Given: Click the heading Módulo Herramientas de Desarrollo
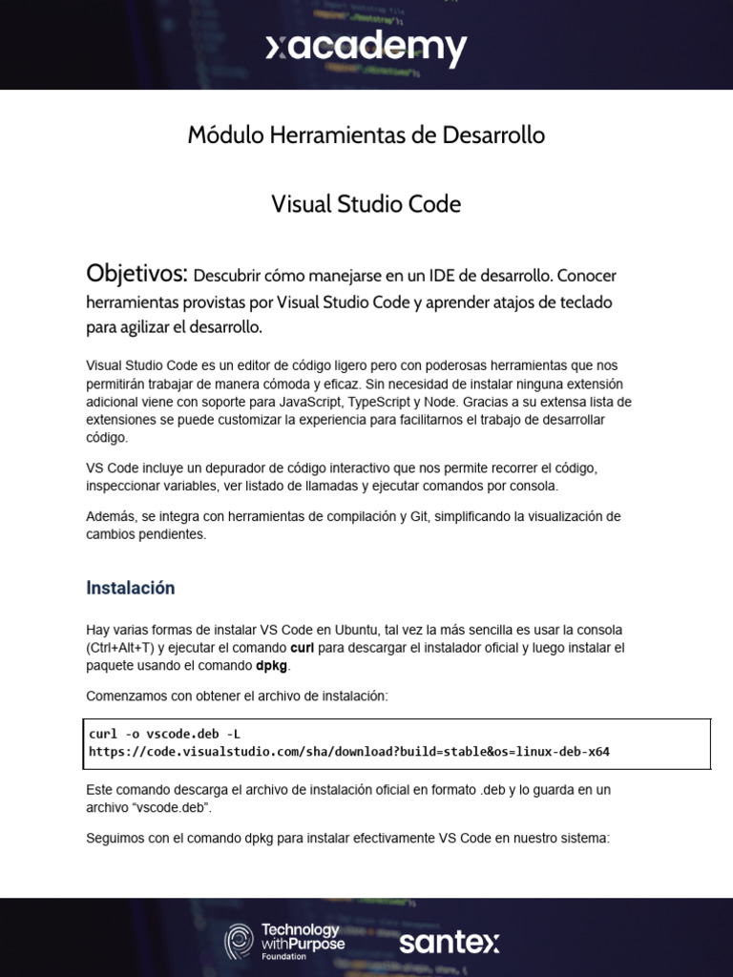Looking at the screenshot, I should tap(366, 135).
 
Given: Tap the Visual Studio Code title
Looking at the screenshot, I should tap(366, 204).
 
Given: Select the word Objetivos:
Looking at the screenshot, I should tap(136, 274).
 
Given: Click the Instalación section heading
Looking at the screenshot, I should tap(131, 588).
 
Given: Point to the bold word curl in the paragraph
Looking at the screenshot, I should tap(303, 648).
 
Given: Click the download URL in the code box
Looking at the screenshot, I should tap(349, 751).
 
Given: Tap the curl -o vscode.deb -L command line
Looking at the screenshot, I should tap(164, 734).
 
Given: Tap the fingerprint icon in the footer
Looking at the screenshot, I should tap(239, 942).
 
